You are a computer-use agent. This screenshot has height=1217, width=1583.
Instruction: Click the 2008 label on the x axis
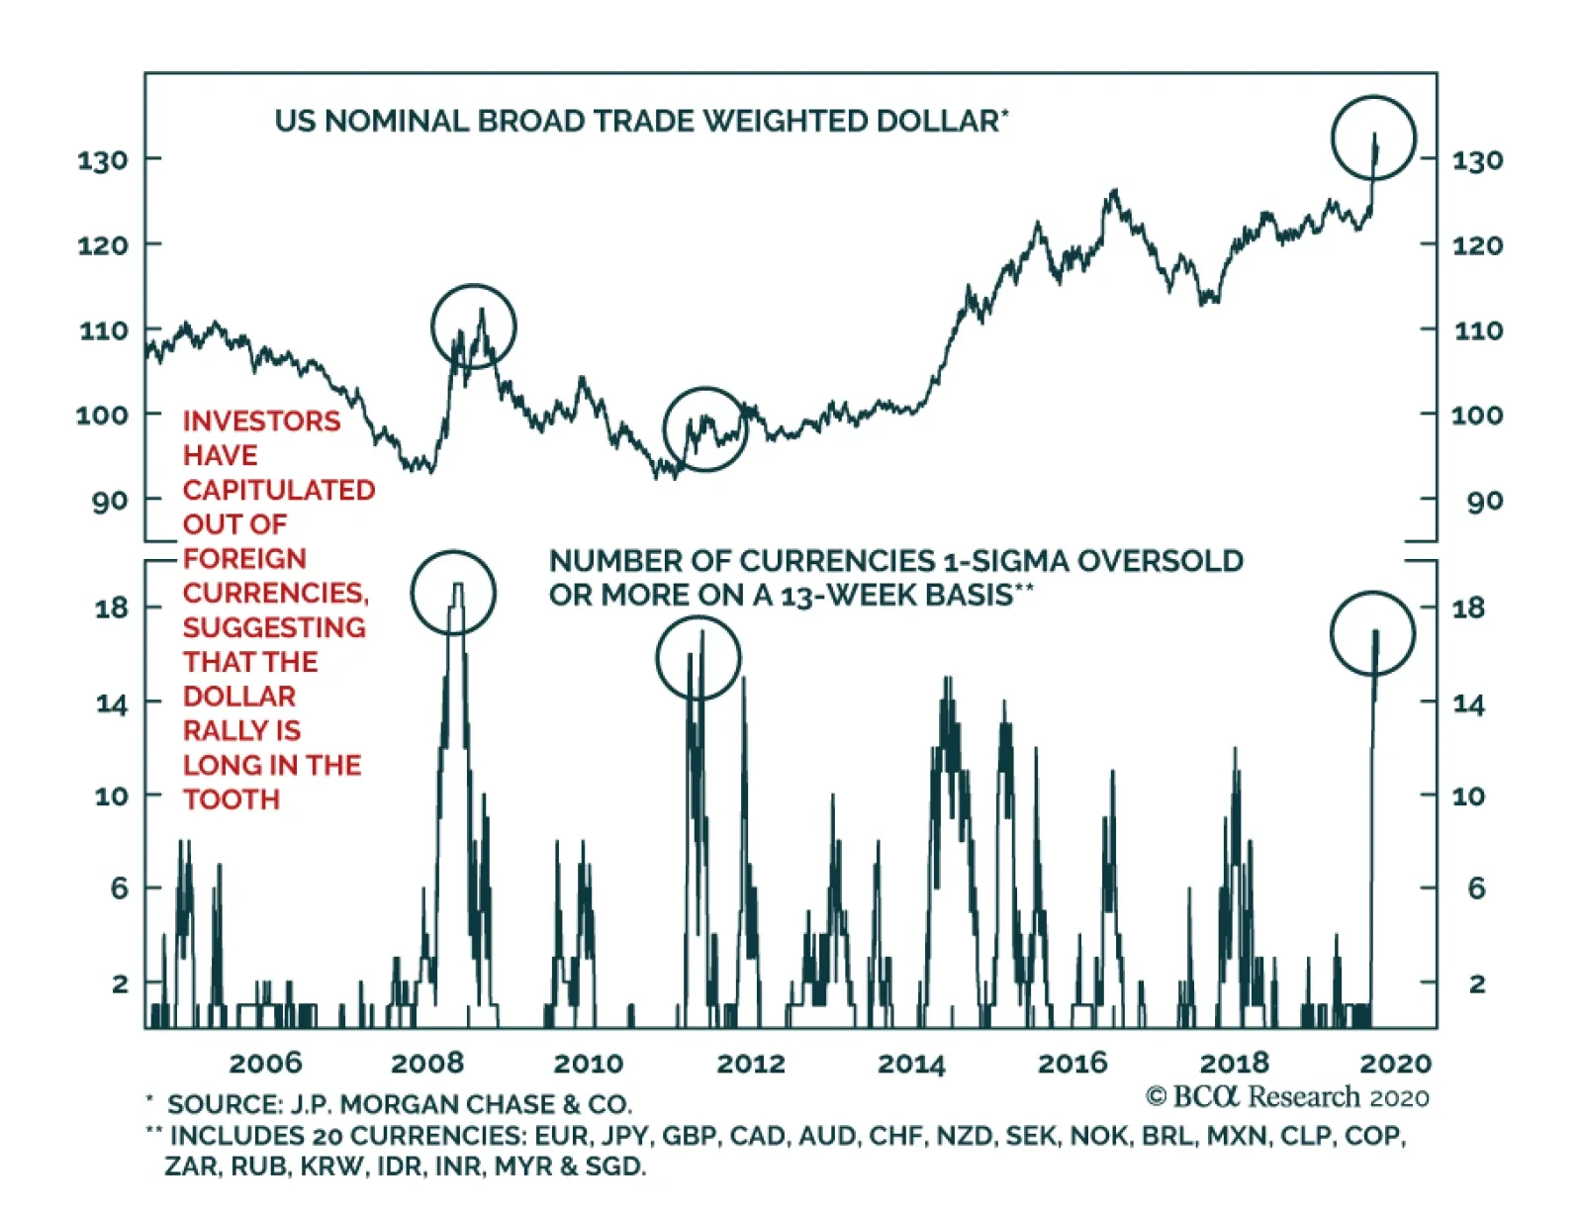pyautogui.click(x=427, y=1064)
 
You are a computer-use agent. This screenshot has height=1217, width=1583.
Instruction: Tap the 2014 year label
pyautogui.click(x=911, y=1064)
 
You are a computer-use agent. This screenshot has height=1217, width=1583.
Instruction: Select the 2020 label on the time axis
pyautogui.click(x=1395, y=1064)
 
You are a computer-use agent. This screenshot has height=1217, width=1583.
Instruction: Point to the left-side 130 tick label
pyautogui.click(x=103, y=160)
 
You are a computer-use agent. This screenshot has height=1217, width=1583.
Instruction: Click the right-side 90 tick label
pyautogui.click(x=1485, y=502)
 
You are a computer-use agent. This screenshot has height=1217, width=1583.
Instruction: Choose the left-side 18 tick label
pyautogui.click(x=112, y=608)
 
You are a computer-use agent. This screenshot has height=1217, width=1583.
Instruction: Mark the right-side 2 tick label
pyautogui.click(x=1476, y=983)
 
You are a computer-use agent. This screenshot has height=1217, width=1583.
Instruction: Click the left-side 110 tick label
pyautogui.click(x=104, y=330)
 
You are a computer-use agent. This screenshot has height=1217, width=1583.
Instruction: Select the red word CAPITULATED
pyautogui.click(x=279, y=490)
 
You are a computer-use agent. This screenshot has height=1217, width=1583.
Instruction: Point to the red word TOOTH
pyautogui.click(x=232, y=799)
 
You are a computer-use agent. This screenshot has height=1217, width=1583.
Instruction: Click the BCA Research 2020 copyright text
pyautogui.click(x=1287, y=1097)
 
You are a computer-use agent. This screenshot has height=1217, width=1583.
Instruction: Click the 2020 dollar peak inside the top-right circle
pyautogui.click(x=1374, y=135)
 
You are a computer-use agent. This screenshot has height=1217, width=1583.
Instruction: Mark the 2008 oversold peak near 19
pyautogui.click(x=457, y=586)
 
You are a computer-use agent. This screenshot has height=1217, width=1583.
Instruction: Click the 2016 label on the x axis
pyautogui.click(x=1072, y=1064)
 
